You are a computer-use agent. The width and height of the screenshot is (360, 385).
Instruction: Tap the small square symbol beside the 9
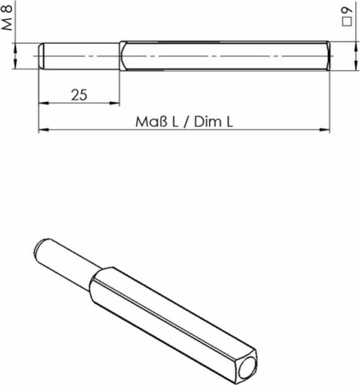tap(348, 21)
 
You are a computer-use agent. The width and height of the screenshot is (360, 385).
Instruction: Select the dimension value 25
tap(79, 95)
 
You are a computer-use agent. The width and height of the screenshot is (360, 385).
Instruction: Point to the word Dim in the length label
tap(206, 122)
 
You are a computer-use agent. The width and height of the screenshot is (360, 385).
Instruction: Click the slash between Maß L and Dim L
tap(186, 122)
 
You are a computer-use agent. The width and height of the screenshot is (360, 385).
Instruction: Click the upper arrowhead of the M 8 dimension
tap(16, 47)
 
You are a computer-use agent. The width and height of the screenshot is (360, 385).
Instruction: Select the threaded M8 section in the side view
tap(80, 56)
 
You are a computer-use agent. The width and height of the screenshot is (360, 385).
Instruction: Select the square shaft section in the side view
tap(224, 56)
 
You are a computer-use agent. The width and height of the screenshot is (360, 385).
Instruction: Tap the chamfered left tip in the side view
tap(41, 56)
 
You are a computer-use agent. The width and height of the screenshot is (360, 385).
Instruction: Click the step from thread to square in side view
tap(121, 56)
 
